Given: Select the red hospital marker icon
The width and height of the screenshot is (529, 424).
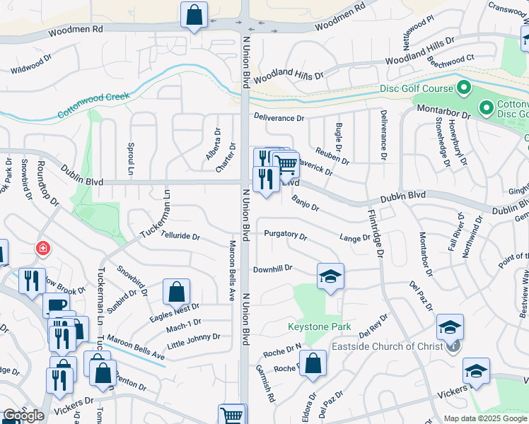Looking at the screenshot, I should pyautogui.click(x=43, y=249).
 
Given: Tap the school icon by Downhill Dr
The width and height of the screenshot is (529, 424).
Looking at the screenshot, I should pyautogui.click(x=330, y=276).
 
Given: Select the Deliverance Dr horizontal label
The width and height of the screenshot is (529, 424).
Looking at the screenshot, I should pyautogui.click(x=279, y=119).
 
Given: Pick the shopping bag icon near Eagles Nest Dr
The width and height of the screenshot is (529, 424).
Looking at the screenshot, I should pyautogui.click(x=176, y=292).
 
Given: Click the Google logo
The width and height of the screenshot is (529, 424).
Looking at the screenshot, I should pyautogui.click(x=23, y=416).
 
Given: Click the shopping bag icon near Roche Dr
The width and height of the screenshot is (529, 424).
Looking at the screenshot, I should pyautogui.click(x=312, y=364).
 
